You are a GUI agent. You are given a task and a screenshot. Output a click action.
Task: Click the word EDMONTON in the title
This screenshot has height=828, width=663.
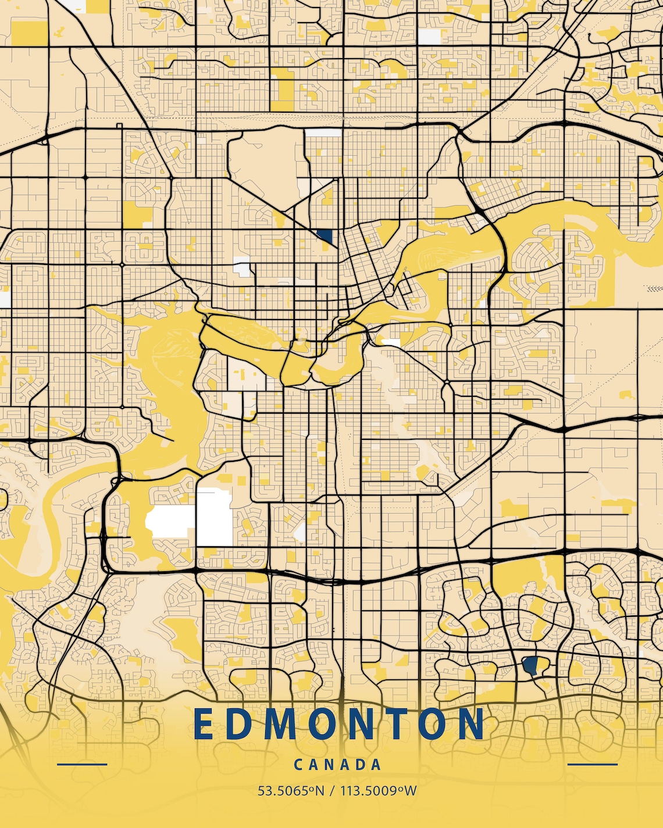point(339,724)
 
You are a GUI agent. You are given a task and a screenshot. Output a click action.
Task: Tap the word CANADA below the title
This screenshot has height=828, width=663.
point(338,765)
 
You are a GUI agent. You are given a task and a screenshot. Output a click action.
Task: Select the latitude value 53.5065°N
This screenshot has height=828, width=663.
point(291,791)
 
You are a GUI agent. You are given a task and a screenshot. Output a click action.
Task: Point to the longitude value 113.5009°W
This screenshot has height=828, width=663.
point(379,791)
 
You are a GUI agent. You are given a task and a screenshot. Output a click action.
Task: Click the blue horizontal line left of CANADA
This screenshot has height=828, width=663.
point(82,764)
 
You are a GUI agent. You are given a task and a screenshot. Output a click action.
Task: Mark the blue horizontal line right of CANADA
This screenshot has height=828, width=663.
point(592,764)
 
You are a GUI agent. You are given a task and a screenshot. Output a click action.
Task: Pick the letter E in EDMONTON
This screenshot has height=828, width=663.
point(204,724)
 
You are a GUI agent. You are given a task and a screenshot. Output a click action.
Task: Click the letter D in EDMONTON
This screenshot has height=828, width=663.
point(240,724)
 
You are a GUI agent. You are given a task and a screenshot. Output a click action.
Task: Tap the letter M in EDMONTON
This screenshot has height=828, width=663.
point(282,724)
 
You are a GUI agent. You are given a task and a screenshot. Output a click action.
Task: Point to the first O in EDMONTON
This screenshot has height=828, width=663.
point(323,724)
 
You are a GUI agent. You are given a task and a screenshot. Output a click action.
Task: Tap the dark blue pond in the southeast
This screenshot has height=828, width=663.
point(530,665)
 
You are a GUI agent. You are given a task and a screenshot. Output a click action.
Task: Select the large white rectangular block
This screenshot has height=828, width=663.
point(215,517)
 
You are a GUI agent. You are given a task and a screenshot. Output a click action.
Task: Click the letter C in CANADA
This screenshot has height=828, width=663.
point(298,765)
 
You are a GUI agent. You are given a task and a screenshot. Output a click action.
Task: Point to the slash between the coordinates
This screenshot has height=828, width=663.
point(332,791)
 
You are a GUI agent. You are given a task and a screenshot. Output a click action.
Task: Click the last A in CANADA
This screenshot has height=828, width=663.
point(376,765)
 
